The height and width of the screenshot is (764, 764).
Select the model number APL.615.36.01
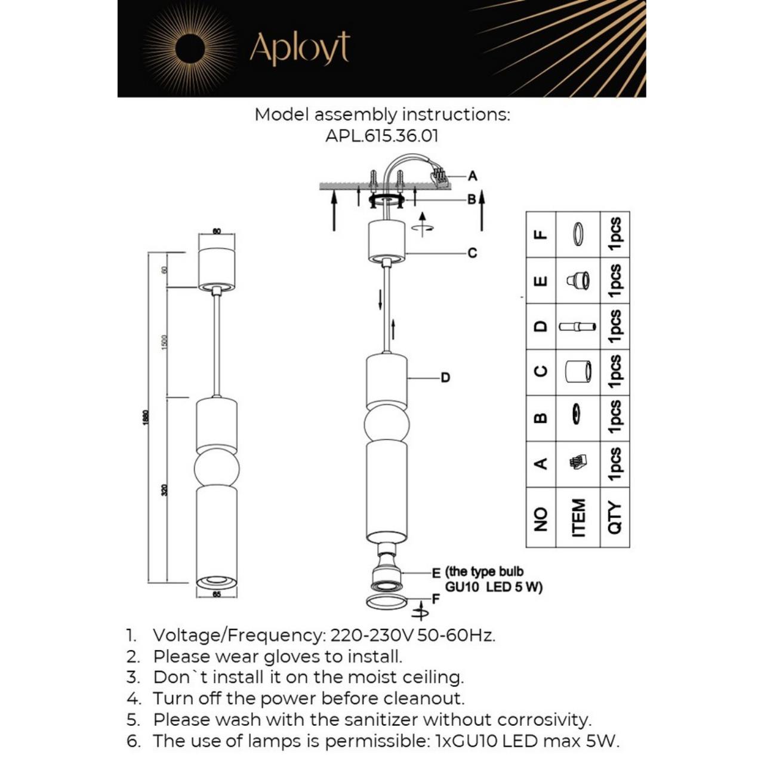382,136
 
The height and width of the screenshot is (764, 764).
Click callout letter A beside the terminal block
473,176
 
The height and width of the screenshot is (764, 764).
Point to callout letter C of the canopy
472,252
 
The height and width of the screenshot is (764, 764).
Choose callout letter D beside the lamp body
445,378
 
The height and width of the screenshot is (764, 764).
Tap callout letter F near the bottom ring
436,598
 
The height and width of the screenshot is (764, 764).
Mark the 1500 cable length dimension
165,342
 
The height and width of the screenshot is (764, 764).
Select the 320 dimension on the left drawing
165,490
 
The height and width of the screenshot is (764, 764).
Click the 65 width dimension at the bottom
216,594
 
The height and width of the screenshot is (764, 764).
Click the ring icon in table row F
578,234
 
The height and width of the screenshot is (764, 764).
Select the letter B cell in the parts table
541,418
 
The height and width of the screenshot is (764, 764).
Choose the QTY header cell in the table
615,517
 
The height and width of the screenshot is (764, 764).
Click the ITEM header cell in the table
578,517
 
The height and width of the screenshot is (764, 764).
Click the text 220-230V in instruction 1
372,635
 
